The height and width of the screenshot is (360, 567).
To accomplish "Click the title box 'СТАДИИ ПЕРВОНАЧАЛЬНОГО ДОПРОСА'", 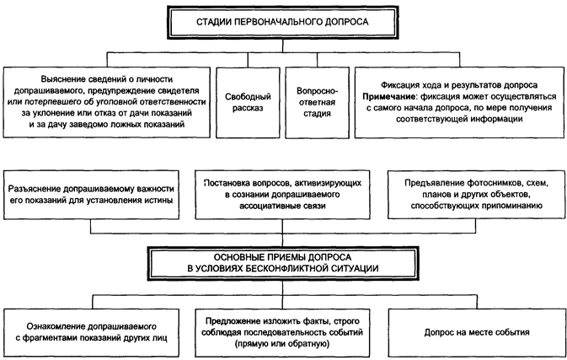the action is (282, 22).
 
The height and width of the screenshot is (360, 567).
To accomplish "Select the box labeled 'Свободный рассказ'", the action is (248, 102).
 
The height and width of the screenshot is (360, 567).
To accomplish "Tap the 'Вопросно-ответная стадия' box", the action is (317, 102).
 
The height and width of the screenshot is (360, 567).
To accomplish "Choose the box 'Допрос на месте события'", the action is (477, 332).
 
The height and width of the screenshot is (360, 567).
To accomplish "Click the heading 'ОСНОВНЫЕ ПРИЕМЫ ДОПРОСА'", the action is (282, 257).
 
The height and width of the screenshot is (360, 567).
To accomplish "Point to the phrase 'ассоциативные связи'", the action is (282, 206).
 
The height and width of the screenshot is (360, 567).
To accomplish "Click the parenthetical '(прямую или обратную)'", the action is (282, 343).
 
